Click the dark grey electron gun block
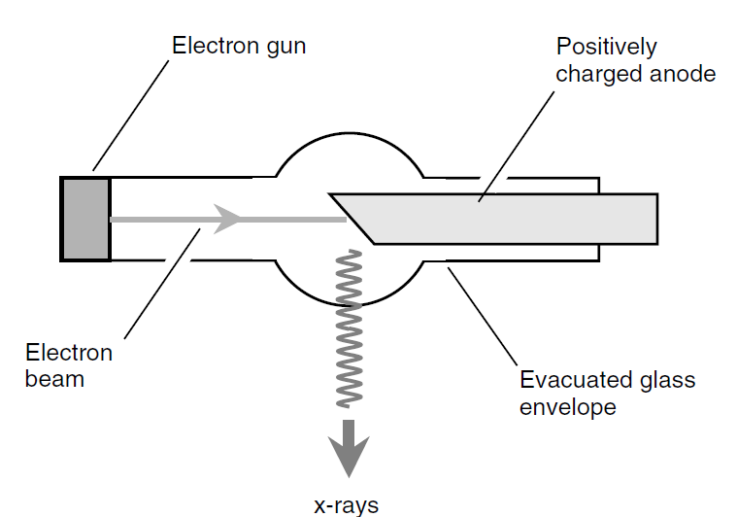[x=85, y=219]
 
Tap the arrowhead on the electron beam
[x=227, y=219]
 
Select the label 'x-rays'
[x=347, y=504]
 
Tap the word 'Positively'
[x=606, y=47]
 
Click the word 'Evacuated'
[x=570, y=379]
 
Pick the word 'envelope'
[x=568, y=405]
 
